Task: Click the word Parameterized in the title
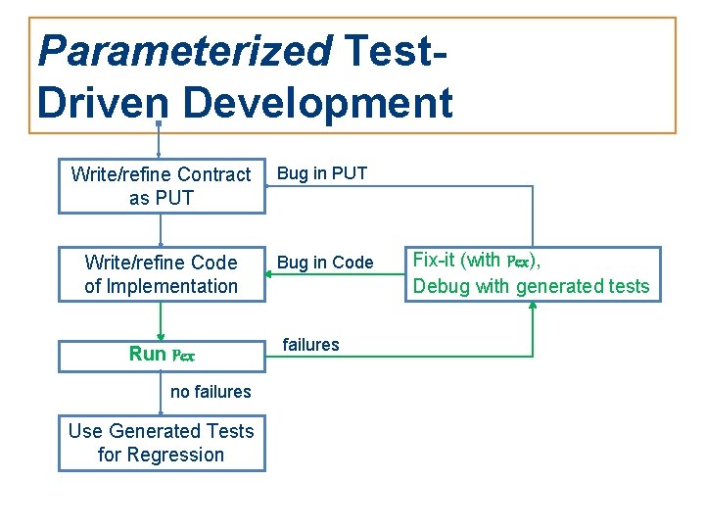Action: coord(185,51)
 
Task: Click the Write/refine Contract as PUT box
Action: coord(162,186)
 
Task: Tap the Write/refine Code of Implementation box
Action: coord(162,274)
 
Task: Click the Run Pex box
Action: coord(162,356)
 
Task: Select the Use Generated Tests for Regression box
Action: coord(162,443)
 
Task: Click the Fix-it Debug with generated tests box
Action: coord(532,274)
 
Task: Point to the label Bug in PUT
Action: coord(322,174)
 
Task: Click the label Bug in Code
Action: coord(325,263)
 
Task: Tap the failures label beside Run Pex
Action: coord(310,345)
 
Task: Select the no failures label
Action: coord(211,392)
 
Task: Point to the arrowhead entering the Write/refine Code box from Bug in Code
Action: coord(272,274)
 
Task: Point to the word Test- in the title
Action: coord(396,51)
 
